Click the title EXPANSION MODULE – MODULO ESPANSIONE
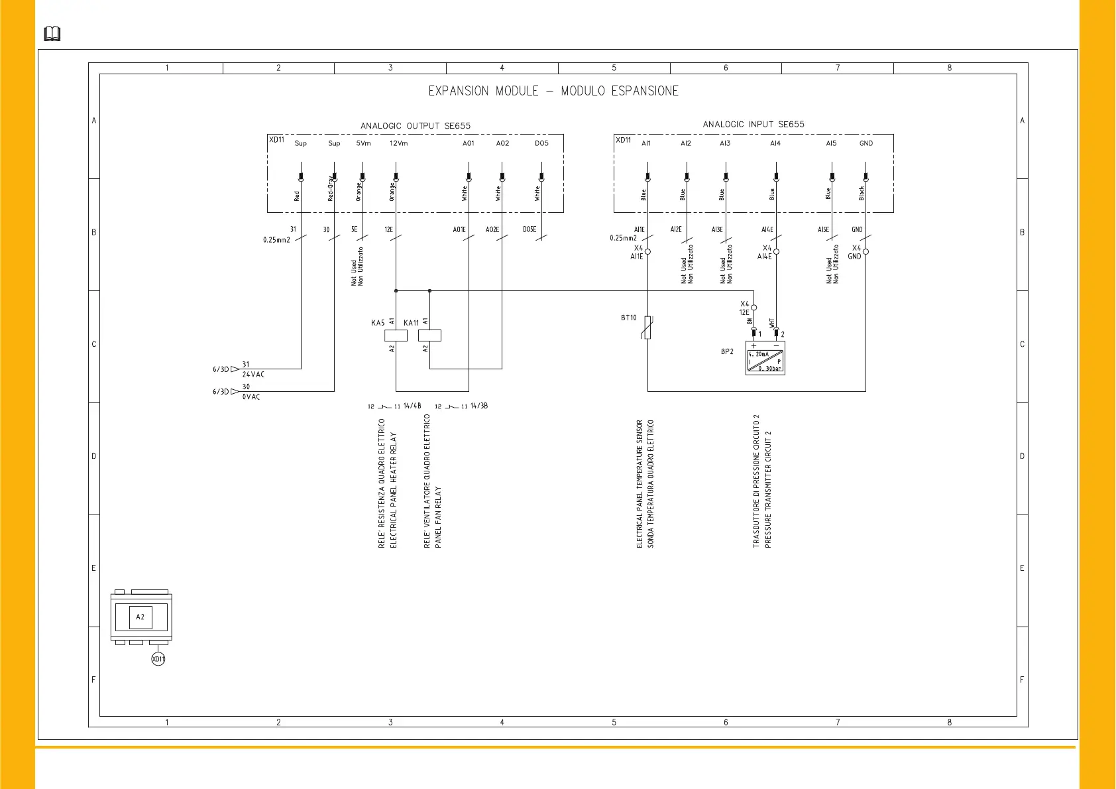click(x=553, y=91)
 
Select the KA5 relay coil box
click(x=396, y=335)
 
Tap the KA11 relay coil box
click(x=429, y=335)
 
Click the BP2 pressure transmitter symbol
click(x=765, y=358)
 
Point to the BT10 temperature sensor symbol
click(x=647, y=328)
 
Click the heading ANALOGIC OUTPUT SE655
click(x=416, y=126)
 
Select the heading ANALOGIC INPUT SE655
click(x=753, y=125)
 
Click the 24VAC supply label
click(x=253, y=375)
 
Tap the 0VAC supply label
click(x=251, y=397)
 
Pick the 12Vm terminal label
click(x=398, y=143)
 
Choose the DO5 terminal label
click(x=541, y=143)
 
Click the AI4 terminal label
click(x=775, y=143)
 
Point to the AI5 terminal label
click(x=831, y=143)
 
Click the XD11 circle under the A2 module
click(x=158, y=659)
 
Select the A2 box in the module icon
click(x=140, y=617)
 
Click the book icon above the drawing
click(x=52, y=34)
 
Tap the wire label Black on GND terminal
click(x=862, y=193)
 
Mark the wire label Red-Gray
click(x=331, y=188)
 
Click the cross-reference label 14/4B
click(x=412, y=406)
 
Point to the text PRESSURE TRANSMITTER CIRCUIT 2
click(x=768, y=489)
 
